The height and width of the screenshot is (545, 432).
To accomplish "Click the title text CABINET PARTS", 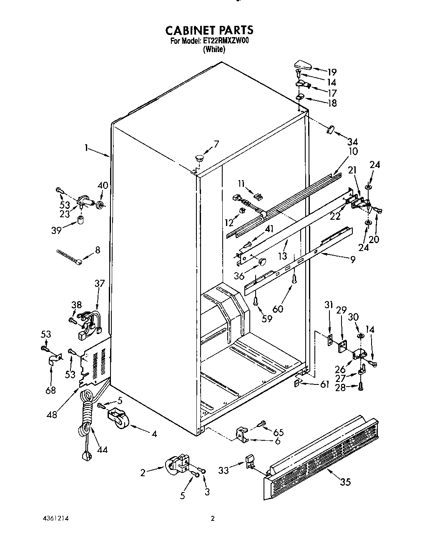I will click(209, 30).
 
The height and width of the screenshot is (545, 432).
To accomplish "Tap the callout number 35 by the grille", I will click(345, 482).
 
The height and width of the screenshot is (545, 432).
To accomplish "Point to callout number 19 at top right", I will click(332, 72).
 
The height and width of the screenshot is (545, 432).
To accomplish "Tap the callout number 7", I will click(216, 144).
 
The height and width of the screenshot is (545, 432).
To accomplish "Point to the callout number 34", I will click(352, 142).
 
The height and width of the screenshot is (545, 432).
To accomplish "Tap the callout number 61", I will click(325, 384).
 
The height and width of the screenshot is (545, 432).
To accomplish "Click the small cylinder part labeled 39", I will click(80, 220).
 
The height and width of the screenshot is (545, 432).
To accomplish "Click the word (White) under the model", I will click(214, 49).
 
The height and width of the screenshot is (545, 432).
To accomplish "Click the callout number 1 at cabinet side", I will click(86, 147).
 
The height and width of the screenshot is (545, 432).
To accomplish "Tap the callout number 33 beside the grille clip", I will click(224, 471).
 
